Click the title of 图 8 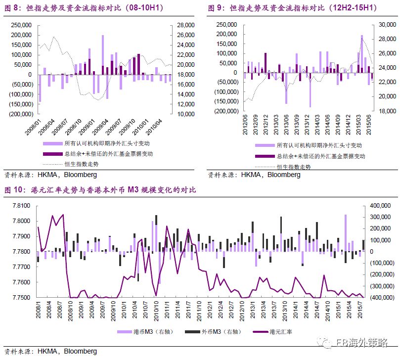point(84,8)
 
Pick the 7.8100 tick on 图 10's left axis point(22,205)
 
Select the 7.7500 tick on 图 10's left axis point(22,298)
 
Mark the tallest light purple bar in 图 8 point(103,55)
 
